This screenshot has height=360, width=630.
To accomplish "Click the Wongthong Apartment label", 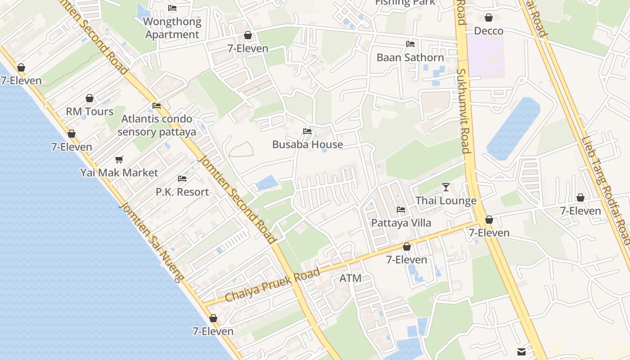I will coord(172,28).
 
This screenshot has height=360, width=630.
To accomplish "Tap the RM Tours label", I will coord(90,112).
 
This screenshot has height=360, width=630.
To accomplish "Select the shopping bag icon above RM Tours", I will coord(90,98).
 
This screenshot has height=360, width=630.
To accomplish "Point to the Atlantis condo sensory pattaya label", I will coord(157,126).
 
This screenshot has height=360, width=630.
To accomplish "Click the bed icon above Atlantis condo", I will coord(157,106).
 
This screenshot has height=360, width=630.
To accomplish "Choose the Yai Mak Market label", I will coord(119,173).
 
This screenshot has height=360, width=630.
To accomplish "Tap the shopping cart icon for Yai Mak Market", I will coord(119,159).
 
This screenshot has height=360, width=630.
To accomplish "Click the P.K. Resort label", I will coord(182,192).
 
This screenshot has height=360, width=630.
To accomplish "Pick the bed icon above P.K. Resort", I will coord(182,179).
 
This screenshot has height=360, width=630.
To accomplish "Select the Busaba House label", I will coord(307,144).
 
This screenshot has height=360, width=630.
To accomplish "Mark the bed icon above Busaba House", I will coord(307,131).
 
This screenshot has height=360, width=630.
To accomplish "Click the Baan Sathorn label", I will coord(410,58).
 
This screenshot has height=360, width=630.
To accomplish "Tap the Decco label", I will coord(489,31).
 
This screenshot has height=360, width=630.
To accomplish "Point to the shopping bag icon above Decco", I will coord(489,18).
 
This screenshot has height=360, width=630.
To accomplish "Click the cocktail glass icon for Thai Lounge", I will coord(446,187).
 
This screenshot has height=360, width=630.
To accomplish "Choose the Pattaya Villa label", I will coord(401,223).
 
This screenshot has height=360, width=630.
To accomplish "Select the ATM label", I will coord(350,278).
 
